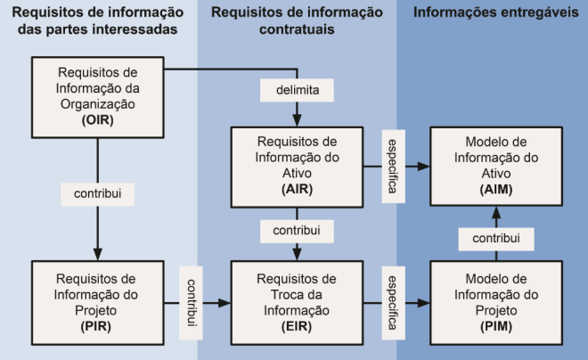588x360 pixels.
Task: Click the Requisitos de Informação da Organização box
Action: [x=98, y=94]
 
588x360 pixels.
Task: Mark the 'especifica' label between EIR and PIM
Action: [x=391, y=302]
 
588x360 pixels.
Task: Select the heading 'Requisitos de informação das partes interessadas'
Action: [x=98, y=21]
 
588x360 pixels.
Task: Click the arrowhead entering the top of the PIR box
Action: [x=98, y=254]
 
